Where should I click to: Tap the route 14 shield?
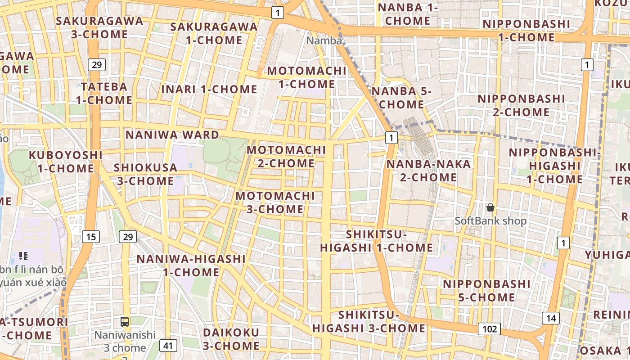click(551, 318)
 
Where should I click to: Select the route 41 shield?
click(168, 346)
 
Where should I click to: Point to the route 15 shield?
click(91, 237)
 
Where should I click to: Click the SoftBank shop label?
click(490, 221)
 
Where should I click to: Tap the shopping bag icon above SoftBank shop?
click(490, 207)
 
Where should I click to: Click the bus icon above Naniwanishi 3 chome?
click(125, 322)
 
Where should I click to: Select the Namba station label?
click(324, 40)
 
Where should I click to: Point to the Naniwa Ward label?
click(172, 135)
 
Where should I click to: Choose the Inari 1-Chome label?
click(209, 89)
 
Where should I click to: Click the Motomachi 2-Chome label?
click(286, 156)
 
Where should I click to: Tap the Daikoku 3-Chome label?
click(231, 339)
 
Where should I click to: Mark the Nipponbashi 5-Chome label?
click(487, 291)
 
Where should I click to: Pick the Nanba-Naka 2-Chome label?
click(428, 171)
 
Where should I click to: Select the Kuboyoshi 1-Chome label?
click(66, 162)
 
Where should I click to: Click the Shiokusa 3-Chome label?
click(146, 174)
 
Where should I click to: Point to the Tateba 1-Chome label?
click(104, 93)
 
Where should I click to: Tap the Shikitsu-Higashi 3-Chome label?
click(369, 321)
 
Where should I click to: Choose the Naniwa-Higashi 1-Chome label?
click(191, 265)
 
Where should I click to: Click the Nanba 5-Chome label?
click(401, 98)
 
